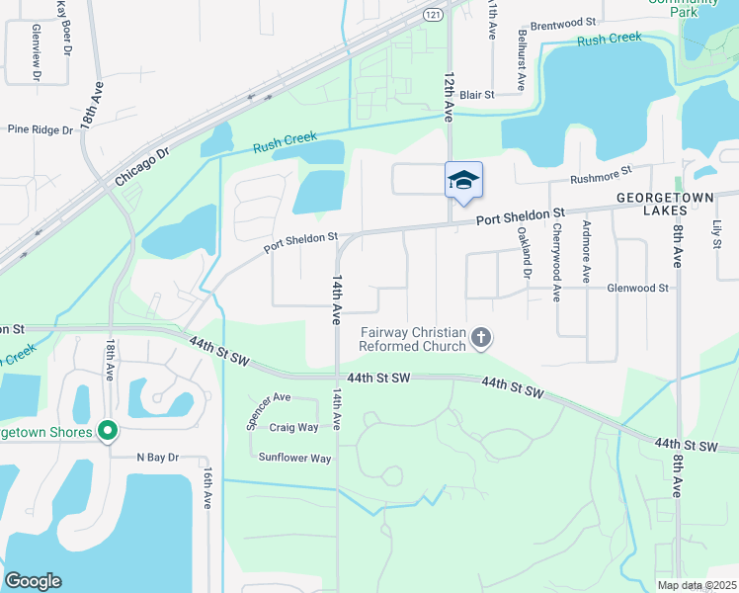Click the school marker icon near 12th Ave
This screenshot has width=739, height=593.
[x=463, y=181]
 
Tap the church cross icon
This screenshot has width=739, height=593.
[x=481, y=339]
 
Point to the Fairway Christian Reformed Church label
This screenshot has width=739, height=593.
[x=413, y=339]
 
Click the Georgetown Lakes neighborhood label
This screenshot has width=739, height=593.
[x=673, y=198]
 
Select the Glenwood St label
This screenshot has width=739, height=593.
[x=638, y=288]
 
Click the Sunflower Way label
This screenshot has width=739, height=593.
[x=294, y=458]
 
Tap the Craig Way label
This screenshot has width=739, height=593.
[x=294, y=427]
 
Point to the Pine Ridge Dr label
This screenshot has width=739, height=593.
[x=41, y=129]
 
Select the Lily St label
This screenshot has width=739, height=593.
[x=716, y=234]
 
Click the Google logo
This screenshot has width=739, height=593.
[x=34, y=581]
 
